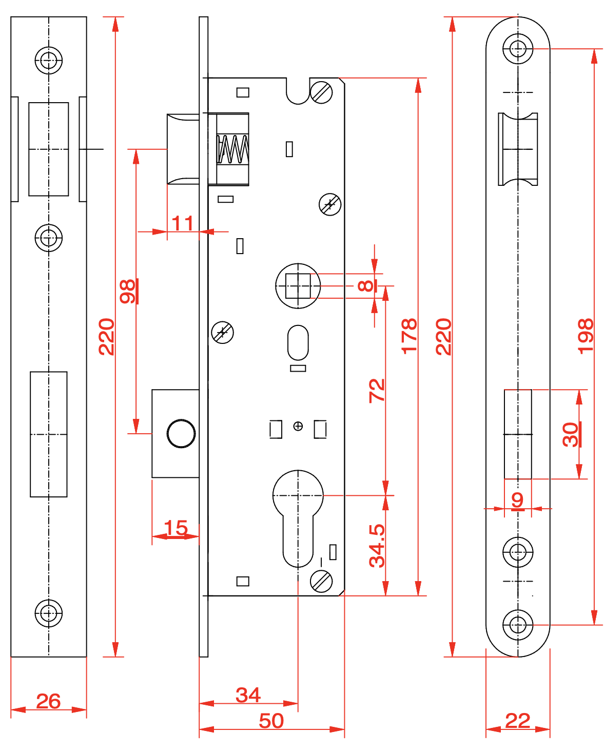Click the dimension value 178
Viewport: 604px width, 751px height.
coord(409,336)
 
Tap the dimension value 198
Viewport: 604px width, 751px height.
coord(585,336)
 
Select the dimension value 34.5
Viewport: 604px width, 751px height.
coord(377,545)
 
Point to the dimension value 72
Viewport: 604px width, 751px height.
coord(377,390)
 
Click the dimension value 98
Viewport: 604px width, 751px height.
coord(127,292)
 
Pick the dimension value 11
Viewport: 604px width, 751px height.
coord(183,224)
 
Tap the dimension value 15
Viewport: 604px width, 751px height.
coord(176,528)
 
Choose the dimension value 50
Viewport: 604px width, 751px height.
coord(271,721)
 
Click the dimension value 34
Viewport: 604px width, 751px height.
coord(248,696)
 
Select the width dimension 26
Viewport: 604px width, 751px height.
coord(48,701)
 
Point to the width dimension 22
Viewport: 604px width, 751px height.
coord(517,721)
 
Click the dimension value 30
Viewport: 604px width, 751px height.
coord(571,434)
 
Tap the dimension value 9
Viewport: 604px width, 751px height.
coord(517,499)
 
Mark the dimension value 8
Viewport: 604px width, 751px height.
coord(365,285)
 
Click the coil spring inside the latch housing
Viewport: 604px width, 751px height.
coord(233,149)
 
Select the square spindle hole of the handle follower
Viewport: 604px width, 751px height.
coord(298,286)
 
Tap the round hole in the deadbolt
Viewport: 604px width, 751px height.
coord(181,433)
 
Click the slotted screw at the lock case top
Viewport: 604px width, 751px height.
coord(322,93)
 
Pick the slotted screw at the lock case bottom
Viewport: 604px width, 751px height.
coord(322,582)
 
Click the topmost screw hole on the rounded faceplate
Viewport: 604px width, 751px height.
coord(518,49)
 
